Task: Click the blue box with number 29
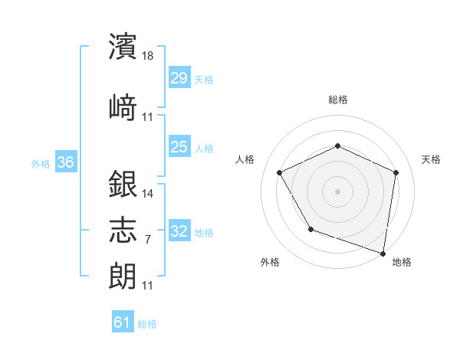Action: tap(179, 78)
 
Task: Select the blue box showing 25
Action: tap(179, 147)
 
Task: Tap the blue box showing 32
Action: tap(179, 231)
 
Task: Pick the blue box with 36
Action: tap(65, 162)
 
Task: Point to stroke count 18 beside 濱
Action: tap(149, 55)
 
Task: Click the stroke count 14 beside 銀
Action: tap(149, 193)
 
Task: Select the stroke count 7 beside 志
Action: tap(147, 239)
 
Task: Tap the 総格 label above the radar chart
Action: tap(338, 100)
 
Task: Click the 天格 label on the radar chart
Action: tap(431, 159)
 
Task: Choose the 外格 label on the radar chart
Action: tap(270, 262)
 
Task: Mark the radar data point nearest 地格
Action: tap(383, 253)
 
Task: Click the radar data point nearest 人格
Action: tap(280, 172)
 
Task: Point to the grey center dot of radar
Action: tap(338, 191)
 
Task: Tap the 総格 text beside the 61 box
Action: tap(147, 324)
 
